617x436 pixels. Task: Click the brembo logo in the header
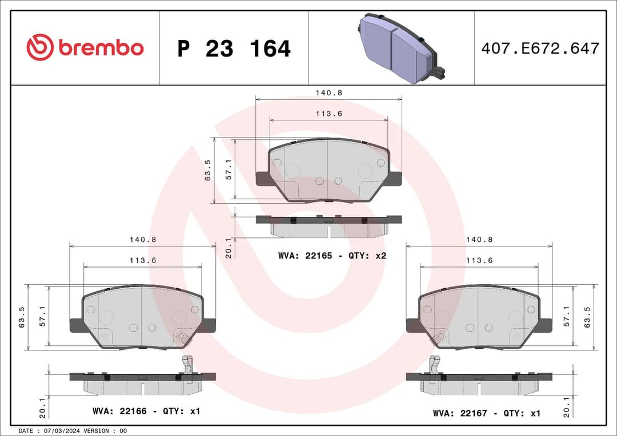85,48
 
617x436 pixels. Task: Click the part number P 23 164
234,49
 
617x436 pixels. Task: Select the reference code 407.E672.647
540,49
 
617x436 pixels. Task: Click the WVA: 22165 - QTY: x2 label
332,256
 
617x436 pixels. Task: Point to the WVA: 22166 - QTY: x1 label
146,411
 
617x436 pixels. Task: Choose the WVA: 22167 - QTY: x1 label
486,413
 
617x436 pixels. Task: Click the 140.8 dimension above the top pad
328,92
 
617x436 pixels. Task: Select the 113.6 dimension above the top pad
328,113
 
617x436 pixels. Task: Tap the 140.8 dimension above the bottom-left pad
142,240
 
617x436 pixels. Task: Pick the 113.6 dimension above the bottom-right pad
479,260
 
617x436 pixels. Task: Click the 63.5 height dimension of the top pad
208,170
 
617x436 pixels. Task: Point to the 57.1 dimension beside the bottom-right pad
567,316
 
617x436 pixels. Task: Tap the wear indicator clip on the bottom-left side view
187,365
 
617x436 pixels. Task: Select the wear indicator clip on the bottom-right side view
435,365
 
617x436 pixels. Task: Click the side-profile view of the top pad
328,225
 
